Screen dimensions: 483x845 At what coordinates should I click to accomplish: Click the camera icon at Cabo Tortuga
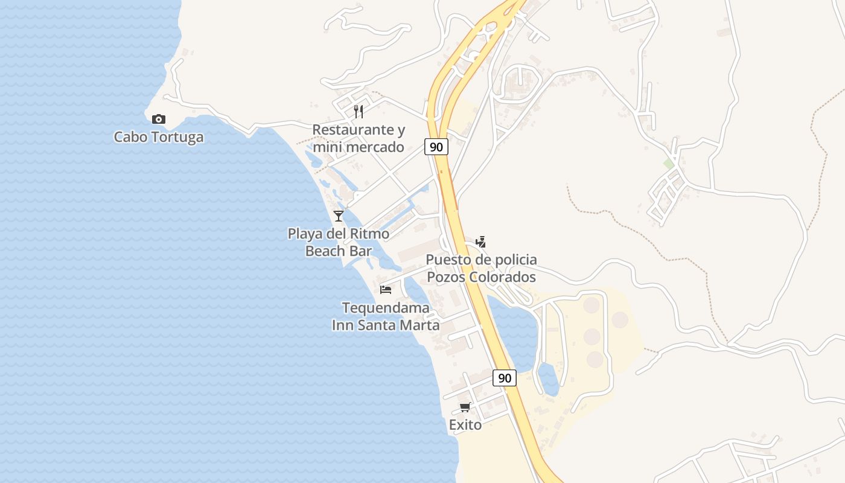coord(159,119)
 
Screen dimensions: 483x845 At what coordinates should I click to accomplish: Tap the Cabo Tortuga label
coord(159,137)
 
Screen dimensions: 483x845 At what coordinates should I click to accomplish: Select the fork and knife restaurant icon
coord(359,111)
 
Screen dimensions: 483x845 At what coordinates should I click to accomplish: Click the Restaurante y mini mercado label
coord(359,138)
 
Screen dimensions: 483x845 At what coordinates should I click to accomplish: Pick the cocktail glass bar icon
coord(339,216)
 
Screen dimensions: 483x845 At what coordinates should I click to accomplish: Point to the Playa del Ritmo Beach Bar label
coord(338,242)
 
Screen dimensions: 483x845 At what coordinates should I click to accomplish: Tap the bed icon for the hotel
coord(386,290)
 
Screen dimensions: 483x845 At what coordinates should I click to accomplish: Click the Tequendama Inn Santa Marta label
coord(386,316)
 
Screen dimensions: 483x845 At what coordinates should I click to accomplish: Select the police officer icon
coord(481,241)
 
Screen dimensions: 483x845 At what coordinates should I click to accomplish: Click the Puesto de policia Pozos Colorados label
coord(481,268)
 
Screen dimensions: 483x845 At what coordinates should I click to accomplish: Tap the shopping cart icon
coord(465,408)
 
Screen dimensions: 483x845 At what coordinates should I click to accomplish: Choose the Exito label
coord(465,425)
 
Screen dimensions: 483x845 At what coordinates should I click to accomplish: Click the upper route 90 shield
coord(436,147)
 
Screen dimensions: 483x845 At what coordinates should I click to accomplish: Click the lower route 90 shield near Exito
coord(505,378)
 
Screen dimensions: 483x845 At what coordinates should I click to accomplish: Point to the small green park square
coord(668,164)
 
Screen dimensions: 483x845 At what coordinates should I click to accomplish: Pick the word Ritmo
coord(369,234)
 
